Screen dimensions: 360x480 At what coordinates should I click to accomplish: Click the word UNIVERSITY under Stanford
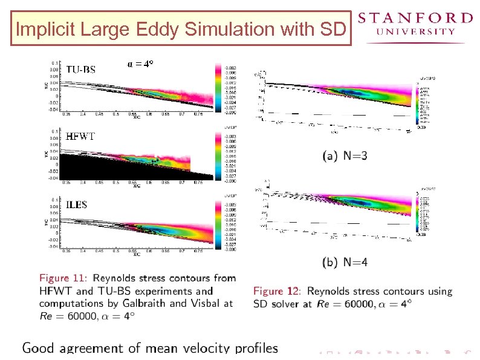point(415,31)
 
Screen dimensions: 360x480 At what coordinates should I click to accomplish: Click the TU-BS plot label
point(80,70)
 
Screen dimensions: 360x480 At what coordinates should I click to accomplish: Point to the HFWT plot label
point(80,136)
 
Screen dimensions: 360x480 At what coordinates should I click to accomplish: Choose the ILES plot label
point(77,205)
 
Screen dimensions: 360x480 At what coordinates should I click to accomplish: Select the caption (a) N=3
point(345,155)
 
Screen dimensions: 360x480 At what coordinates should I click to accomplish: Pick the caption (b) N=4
point(345,262)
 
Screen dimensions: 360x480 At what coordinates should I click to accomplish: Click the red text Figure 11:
point(63,278)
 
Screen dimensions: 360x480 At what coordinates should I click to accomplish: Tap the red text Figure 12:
point(277,291)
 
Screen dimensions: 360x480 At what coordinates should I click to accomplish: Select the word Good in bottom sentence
point(40,348)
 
